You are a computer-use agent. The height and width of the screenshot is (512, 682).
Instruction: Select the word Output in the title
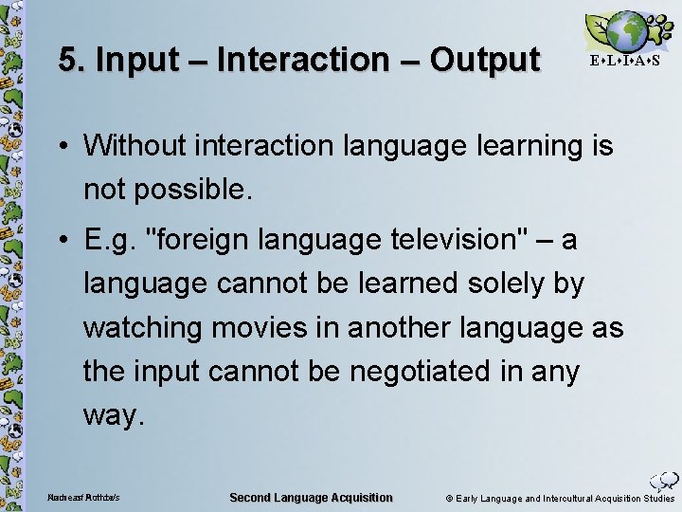tap(484, 61)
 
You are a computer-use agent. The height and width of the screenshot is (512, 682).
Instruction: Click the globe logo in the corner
tap(624, 31)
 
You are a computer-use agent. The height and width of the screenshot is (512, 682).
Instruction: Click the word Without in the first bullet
tap(136, 146)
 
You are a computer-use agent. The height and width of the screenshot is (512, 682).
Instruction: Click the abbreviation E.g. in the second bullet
tap(111, 240)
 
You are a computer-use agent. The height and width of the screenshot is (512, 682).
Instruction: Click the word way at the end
tap(113, 415)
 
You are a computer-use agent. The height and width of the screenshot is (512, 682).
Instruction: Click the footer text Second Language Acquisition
tap(311, 498)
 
